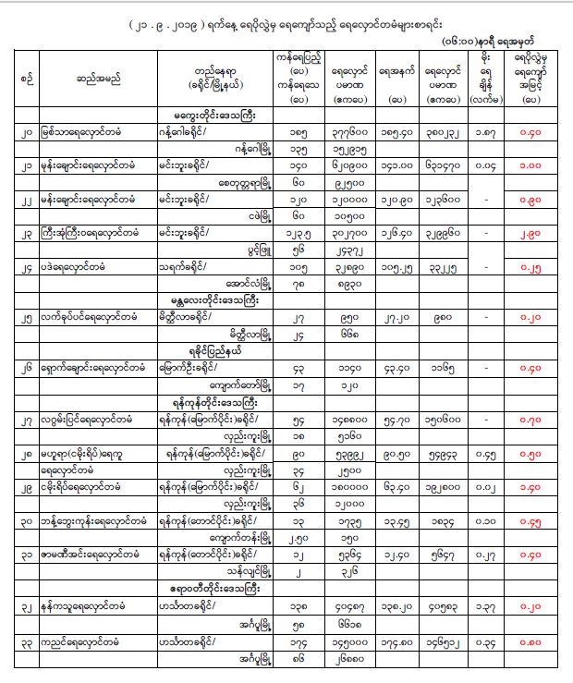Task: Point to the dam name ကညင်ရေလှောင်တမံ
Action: (x=81, y=647)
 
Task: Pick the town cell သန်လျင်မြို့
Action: (x=245, y=570)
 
